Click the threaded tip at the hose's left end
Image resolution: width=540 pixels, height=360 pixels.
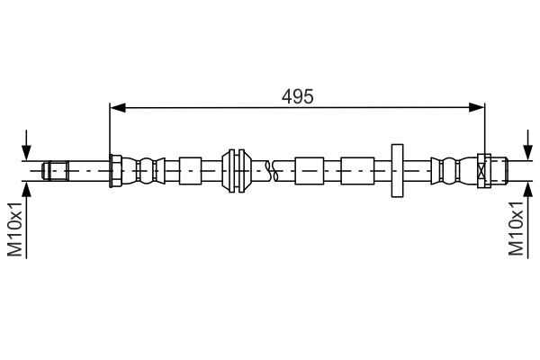(x=57, y=169)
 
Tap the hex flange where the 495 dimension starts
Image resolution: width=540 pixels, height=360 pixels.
(x=114, y=169)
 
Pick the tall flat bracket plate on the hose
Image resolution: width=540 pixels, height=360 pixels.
(x=397, y=169)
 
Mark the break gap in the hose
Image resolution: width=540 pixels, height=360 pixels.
(x=274, y=169)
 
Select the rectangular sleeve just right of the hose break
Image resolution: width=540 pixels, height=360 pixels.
(x=310, y=169)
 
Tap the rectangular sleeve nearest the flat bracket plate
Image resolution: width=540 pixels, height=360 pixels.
(x=355, y=169)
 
